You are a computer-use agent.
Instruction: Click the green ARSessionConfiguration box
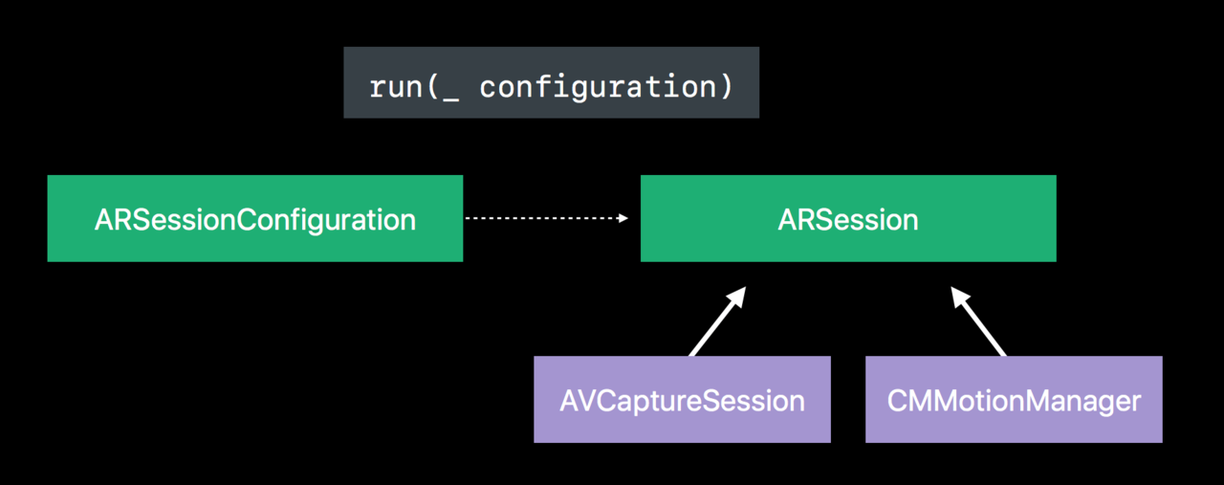[255, 218]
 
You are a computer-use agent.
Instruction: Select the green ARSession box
[848, 218]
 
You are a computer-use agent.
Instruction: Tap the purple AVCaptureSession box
[682, 399]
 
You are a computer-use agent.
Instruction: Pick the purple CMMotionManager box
[1014, 399]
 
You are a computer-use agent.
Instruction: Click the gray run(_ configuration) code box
[552, 82]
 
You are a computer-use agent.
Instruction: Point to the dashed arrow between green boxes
[546, 218]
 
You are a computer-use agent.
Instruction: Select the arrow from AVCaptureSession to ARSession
[717, 321]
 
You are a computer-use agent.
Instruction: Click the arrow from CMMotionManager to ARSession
[978, 321]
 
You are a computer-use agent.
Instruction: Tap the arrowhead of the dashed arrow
[623, 218]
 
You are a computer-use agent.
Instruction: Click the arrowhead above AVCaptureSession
[736, 297]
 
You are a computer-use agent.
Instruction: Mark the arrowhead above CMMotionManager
[960, 297]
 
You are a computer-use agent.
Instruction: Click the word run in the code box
[396, 87]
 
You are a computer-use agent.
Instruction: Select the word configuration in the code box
[598, 87]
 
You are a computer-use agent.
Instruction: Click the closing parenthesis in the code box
[726, 86]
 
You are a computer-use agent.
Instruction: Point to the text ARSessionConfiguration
[255, 220]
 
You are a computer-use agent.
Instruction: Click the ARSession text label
[848, 220]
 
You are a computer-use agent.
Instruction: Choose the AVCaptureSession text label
[682, 402]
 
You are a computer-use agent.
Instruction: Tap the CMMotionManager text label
[1014, 402]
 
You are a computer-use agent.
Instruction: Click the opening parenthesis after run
[431, 86]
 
